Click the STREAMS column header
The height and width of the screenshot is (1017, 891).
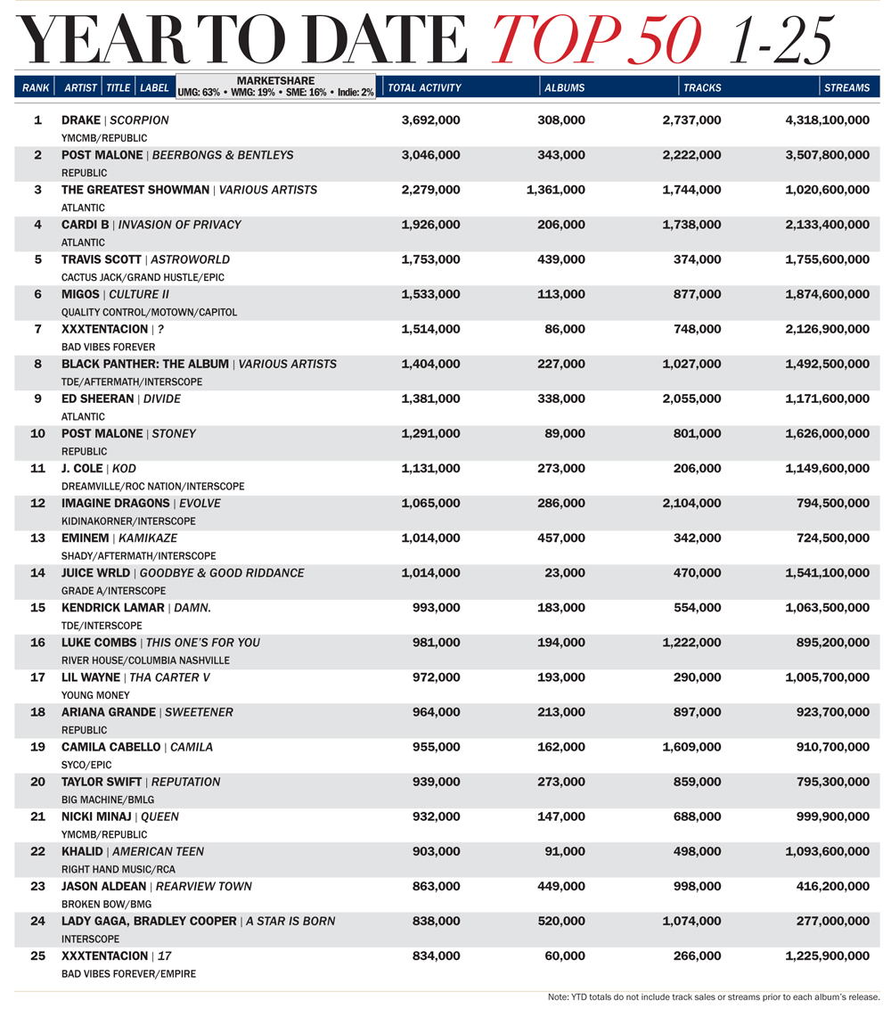coord(846,87)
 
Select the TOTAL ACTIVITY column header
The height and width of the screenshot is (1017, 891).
coord(425,87)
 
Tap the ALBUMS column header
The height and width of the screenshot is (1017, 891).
coord(565,87)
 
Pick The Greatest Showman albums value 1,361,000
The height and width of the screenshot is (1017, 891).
coord(556,190)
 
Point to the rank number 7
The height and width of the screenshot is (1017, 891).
coord(37,329)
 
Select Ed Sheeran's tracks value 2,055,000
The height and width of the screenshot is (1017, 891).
coord(691,398)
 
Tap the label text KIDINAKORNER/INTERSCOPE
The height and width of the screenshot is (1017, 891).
coord(128,521)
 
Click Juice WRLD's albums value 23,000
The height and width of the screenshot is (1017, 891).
coord(565,573)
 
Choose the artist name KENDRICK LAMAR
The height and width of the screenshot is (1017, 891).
coord(113,608)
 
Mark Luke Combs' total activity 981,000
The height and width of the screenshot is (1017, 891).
coord(437,643)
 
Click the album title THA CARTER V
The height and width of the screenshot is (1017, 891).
coord(170,677)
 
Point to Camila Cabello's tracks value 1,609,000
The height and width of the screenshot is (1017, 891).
coord(691,747)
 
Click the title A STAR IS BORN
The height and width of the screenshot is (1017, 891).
coord(291,921)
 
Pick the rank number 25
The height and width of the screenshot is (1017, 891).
coord(37,955)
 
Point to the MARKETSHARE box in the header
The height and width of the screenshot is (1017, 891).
coord(275,86)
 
